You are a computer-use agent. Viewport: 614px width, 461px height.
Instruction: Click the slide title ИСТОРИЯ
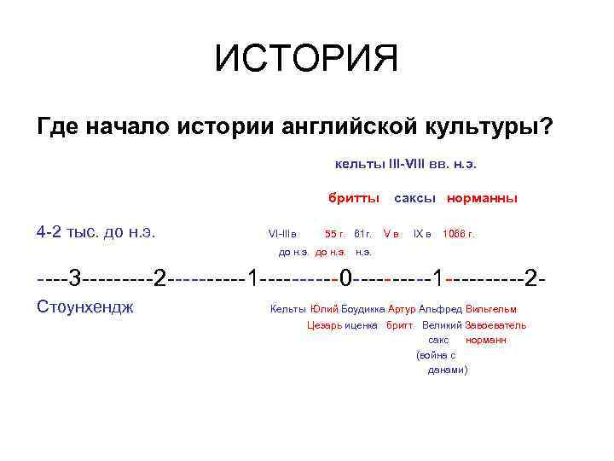306,60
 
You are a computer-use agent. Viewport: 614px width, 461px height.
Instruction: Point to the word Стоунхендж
85,306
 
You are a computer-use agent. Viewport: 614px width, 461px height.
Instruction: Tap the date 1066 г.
458,233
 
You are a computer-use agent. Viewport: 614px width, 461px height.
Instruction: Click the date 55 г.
334,233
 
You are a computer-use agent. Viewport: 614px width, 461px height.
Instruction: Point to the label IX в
422,233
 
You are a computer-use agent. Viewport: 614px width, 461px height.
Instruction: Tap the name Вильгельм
491,309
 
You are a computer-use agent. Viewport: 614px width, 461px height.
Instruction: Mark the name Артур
401,309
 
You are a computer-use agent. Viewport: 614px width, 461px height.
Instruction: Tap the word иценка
362,325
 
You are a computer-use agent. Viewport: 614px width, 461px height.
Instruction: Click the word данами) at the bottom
447,371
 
